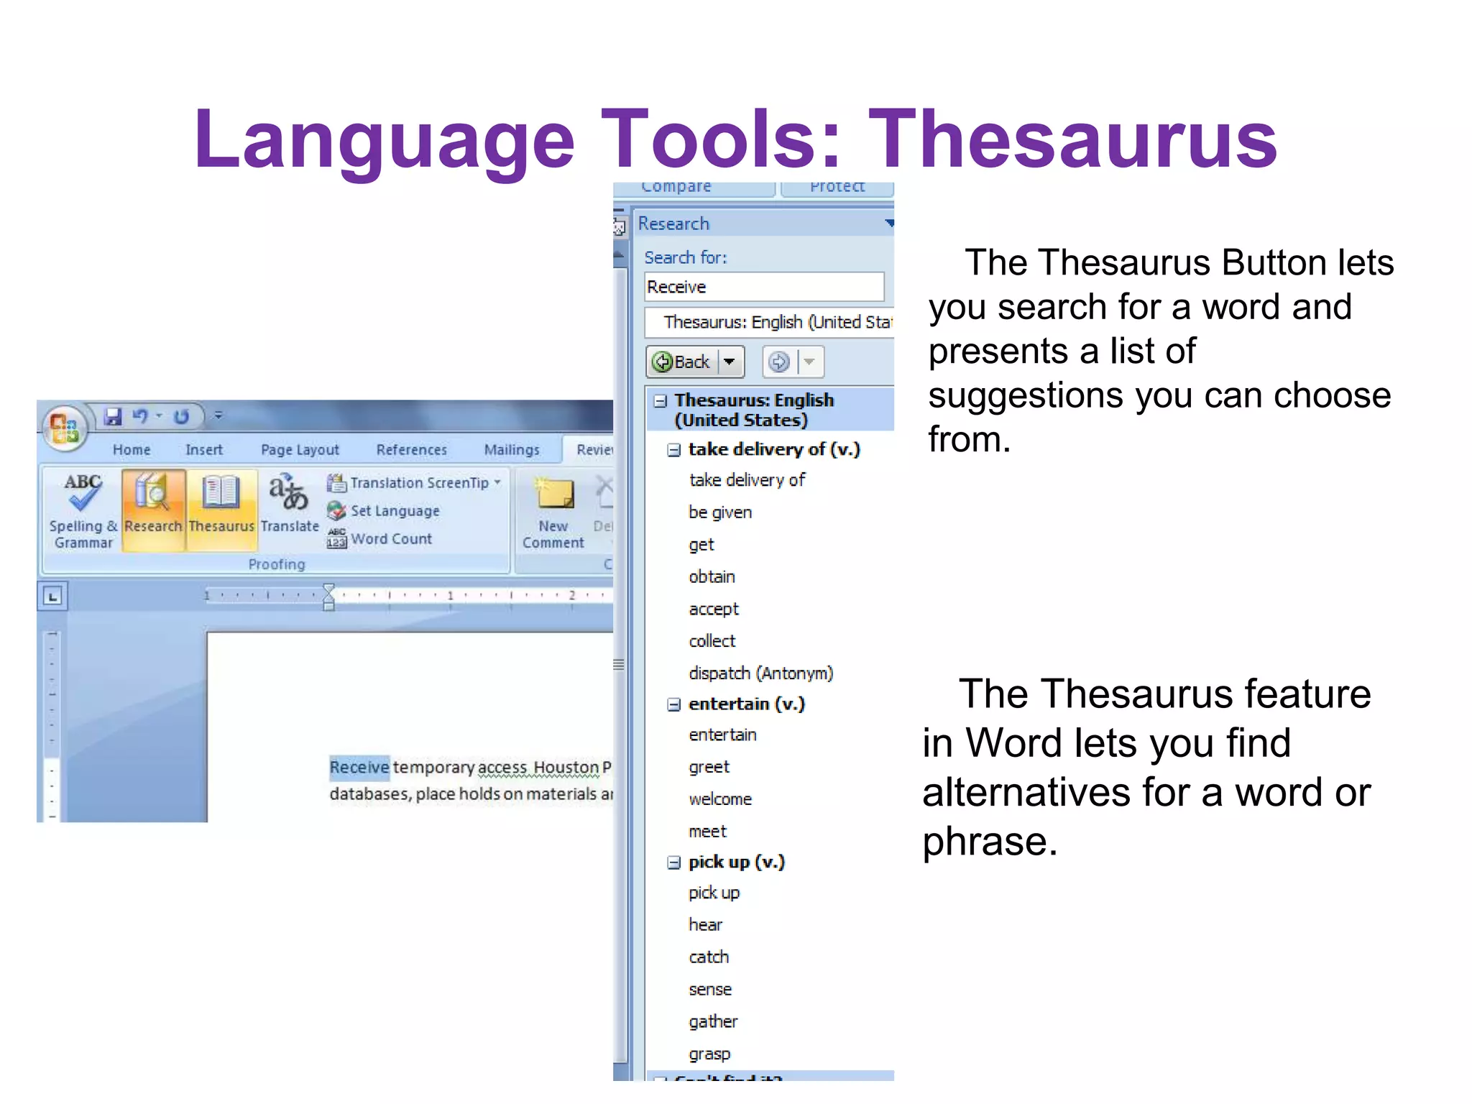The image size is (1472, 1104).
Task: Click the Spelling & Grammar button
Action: point(83,510)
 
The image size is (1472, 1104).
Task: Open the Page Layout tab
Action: point(300,450)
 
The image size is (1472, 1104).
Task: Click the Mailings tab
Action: point(511,450)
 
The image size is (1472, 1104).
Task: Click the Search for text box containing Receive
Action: point(763,287)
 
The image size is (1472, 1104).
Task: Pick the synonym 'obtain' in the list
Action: point(712,576)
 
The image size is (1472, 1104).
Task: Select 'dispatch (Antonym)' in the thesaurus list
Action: point(760,673)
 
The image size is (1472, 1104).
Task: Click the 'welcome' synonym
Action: point(720,799)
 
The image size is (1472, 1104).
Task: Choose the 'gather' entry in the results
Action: point(713,1021)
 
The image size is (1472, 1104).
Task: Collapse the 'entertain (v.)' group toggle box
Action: point(673,704)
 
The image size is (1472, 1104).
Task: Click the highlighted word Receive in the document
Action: point(359,767)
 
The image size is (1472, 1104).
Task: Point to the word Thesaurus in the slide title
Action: point(1072,138)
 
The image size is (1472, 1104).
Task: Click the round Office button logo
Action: point(64,427)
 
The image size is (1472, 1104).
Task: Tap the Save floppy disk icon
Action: point(113,416)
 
